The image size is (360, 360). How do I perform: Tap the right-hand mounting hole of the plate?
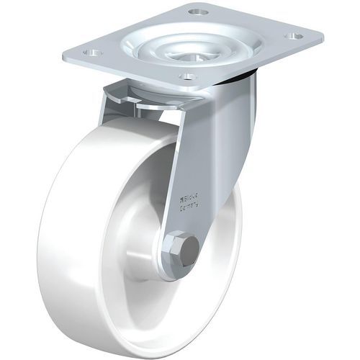[293, 35]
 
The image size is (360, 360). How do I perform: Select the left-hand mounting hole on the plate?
[91, 52]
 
